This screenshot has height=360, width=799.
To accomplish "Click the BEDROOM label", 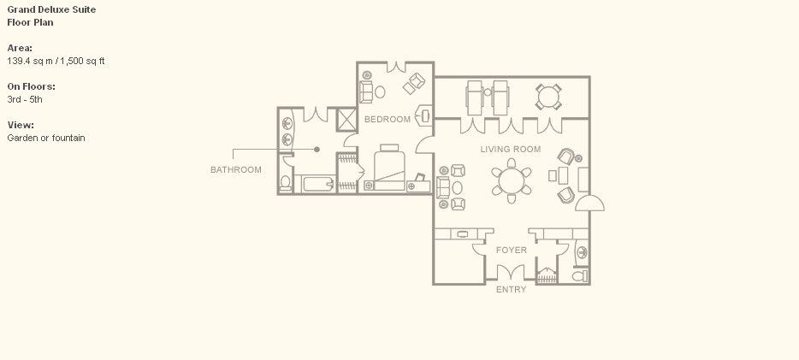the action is [388, 119].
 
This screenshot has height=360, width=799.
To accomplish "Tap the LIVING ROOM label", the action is [511, 149].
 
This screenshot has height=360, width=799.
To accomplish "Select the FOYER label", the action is [511, 250].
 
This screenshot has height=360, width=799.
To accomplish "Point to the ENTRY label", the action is [511, 289].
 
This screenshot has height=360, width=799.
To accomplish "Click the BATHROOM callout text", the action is [236, 169].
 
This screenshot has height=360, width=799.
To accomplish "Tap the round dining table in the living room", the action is [511, 180].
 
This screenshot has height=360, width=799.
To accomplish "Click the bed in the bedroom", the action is [390, 168].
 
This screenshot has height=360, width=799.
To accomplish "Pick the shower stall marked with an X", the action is [347, 120].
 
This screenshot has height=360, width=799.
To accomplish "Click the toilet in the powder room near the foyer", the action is [580, 276].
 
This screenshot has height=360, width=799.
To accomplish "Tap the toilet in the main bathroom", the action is [286, 183].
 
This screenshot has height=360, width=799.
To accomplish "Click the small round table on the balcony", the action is [548, 97].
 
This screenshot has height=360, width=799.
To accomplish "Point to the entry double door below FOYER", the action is [511, 273].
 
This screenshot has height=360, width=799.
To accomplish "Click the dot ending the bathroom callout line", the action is [317, 149].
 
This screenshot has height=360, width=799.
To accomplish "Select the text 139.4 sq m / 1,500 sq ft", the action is [56, 61].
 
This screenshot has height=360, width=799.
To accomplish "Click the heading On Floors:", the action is [31, 86].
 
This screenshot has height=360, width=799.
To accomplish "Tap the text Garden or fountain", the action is [46, 138].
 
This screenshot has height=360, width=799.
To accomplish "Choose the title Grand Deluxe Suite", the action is [51, 9].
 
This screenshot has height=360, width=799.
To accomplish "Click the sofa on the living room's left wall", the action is [443, 187].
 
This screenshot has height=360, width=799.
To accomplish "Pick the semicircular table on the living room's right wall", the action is [590, 204].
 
